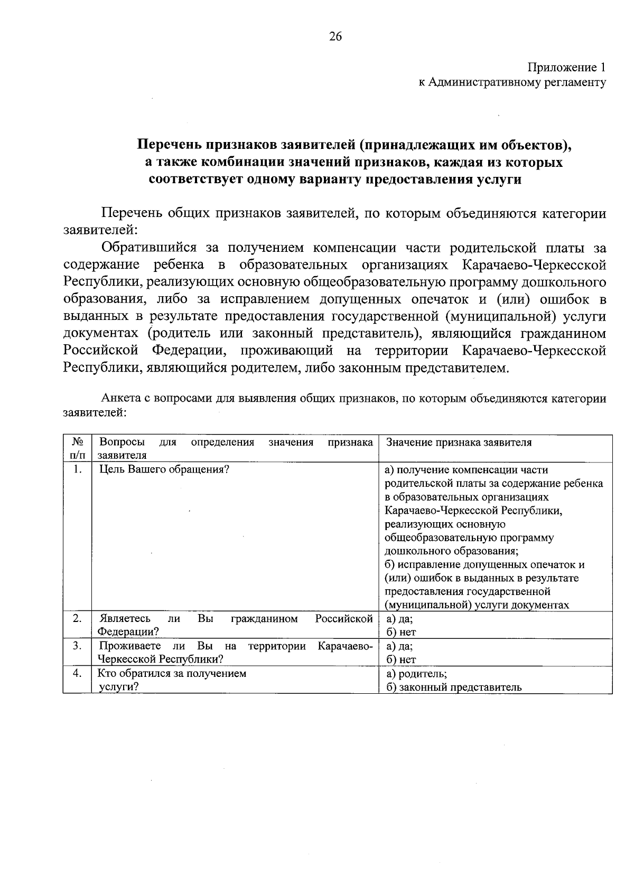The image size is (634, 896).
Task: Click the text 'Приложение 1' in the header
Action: [x=566, y=68]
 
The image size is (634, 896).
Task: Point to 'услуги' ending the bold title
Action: [x=499, y=180]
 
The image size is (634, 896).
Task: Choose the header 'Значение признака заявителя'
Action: [x=459, y=442]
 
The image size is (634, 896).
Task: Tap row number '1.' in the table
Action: [x=77, y=469]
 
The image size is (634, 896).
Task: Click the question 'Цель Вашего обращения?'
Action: [x=164, y=469]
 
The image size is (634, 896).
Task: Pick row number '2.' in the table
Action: [x=77, y=618]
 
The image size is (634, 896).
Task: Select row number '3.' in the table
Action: [x=77, y=646]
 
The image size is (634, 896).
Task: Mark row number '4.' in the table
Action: [x=77, y=673]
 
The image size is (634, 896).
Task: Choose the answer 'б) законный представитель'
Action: [x=453, y=687]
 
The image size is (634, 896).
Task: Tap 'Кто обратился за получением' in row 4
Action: [x=172, y=673]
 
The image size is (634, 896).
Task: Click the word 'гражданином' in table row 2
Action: [x=264, y=618]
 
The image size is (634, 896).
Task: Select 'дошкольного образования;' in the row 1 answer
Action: [x=451, y=551]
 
